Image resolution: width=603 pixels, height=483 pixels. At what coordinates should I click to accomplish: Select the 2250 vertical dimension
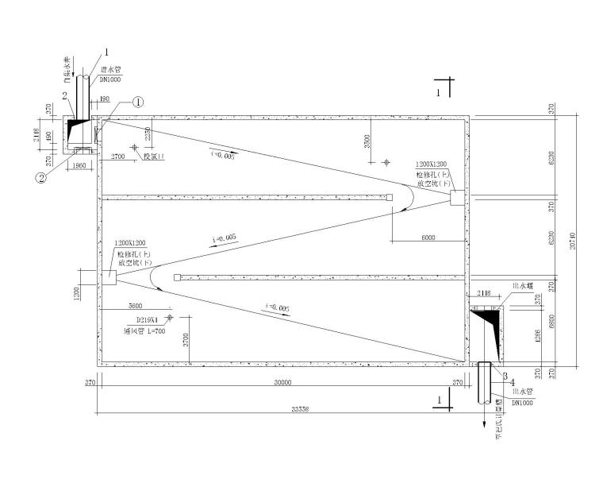point(148,136)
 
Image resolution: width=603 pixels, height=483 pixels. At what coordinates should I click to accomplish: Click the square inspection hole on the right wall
point(457,198)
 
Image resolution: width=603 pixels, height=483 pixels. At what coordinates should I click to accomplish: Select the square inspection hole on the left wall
point(108,277)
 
